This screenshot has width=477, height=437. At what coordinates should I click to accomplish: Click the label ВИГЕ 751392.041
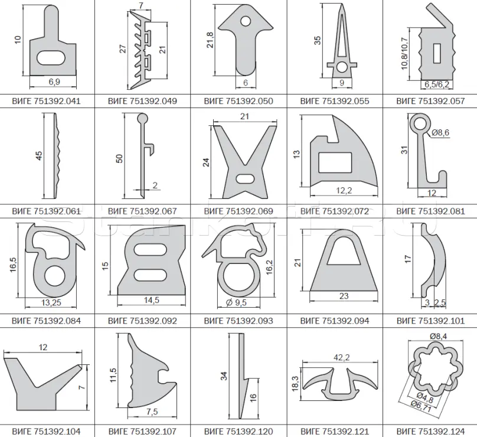(46, 101)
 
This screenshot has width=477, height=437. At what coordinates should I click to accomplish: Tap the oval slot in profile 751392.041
(51, 57)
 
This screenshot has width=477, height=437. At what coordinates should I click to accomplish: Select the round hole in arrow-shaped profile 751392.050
(245, 21)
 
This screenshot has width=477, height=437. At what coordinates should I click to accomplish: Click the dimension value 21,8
(210, 40)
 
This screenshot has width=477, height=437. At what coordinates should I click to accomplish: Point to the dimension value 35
(317, 41)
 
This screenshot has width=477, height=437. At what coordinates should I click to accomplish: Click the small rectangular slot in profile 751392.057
(437, 54)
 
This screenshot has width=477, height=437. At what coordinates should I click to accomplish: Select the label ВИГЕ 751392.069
(238, 211)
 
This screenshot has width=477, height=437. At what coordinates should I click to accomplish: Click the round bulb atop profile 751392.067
(142, 118)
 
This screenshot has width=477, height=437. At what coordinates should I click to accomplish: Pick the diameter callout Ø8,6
(440, 133)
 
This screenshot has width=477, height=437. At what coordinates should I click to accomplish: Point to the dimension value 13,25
(51, 302)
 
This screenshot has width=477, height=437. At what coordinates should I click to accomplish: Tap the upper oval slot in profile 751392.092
(151, 250)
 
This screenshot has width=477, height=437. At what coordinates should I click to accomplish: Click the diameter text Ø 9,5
(237, 302)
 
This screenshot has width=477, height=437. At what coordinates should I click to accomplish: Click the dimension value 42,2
(341, 358)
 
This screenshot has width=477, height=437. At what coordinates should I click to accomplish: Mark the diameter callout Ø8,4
(439, 336)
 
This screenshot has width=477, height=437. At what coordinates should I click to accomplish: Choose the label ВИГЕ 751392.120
(238, 432)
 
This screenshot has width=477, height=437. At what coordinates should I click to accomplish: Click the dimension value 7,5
(152, 412)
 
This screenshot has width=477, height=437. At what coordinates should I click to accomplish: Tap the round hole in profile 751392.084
(55, 276)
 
